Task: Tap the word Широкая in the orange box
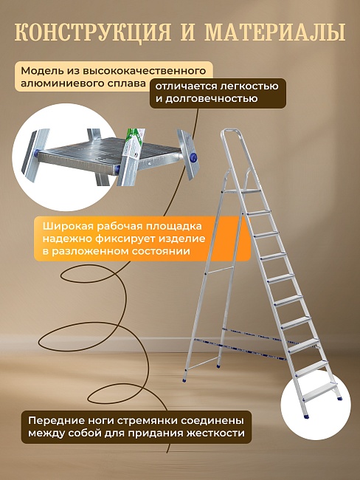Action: [65, 225]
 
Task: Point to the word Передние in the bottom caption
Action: [56, 419]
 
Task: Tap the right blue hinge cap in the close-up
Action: [193, 157]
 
